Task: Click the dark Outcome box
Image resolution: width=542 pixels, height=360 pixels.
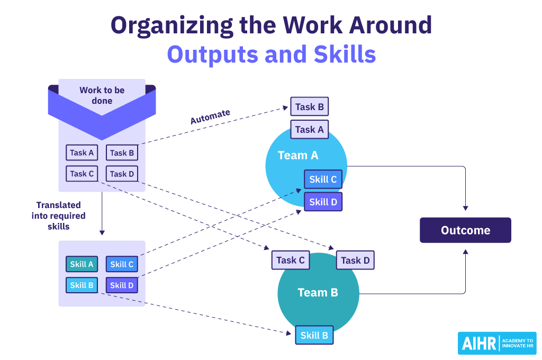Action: pyautogui.click(x=465, y=230)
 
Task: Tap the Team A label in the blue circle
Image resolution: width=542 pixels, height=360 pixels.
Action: pyautogui.click(x=298, y=155)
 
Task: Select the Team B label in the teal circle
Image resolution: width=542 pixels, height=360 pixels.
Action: pyautogui.click(x=318, y=292)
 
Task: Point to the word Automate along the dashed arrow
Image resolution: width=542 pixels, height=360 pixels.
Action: pyautogui.click(x=210, y=116)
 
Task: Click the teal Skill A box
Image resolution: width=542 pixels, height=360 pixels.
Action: pyautogui.click(x=82, y=265)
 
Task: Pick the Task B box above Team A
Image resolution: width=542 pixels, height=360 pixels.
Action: pyautogui.click(x=309, y=107)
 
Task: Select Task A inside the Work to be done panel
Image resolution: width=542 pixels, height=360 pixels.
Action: pyautogui.click(x=82, y=153)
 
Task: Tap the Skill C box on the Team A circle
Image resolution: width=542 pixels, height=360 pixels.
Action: pyautogui.click(x=323, y=179)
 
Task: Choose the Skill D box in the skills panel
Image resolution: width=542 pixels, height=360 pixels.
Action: pyautogui.click(x=122, y=285)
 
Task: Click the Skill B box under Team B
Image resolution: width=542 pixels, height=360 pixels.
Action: pyautogui.click(x=314, y=335)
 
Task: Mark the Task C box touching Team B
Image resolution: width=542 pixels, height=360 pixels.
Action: pyautogui.click(x=291, y=260)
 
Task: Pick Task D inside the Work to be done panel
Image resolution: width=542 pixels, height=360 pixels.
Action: pyautogui.click(x=122, y=174)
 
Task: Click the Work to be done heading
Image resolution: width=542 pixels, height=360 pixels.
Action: pyautogui.click(x=102, y=95)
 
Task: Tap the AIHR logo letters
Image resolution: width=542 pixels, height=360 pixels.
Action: pyautogui.click(x=478, y=344)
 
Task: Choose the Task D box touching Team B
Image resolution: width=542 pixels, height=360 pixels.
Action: pyautogui.click(x=355, y=260)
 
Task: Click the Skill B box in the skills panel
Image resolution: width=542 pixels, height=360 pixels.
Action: pyautogui.click(x=82, y=285)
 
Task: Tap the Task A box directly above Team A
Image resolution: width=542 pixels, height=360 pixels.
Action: pyautogui.click(x=309, y=129)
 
